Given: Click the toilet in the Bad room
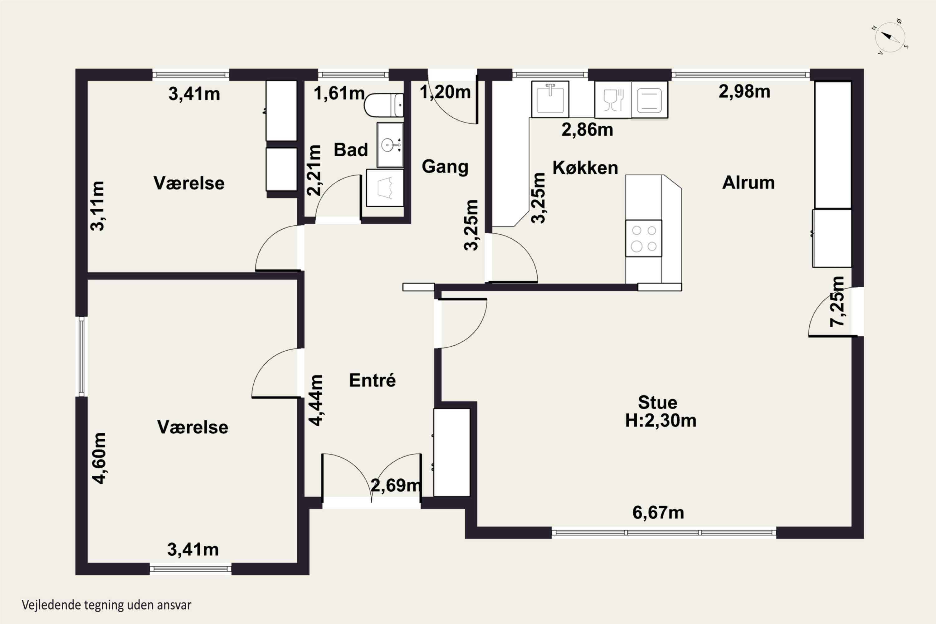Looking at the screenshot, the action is (384, 105).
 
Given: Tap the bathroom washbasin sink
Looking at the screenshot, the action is (390, 145).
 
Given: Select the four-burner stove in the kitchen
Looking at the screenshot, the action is (643, 238).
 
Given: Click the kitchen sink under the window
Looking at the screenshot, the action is (550, 100).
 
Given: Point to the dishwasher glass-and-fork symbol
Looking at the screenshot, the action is (613, 100).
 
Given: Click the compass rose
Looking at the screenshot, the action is (890, 37).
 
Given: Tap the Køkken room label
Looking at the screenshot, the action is (585, 168).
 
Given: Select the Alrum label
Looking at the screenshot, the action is (748, 183).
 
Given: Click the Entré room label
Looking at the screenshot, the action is (372, 380).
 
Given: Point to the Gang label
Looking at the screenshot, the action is (445, 166).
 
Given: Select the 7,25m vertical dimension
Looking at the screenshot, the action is (836, 302).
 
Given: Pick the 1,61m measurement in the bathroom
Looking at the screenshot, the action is (339, 94).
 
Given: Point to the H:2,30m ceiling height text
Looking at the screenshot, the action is (661, 421).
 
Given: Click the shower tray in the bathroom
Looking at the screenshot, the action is (385, 188).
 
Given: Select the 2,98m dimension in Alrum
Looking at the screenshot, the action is (744, 91).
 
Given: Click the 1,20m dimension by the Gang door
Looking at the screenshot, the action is (445, 92).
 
